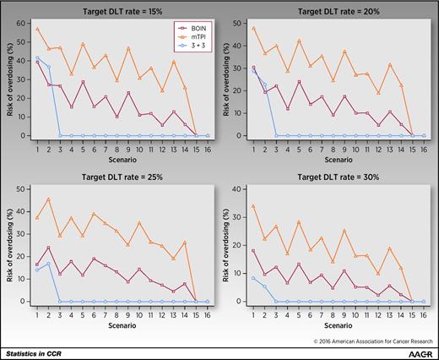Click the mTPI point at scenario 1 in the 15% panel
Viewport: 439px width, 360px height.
(36, 30)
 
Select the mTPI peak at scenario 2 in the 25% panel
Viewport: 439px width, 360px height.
(49, 199)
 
